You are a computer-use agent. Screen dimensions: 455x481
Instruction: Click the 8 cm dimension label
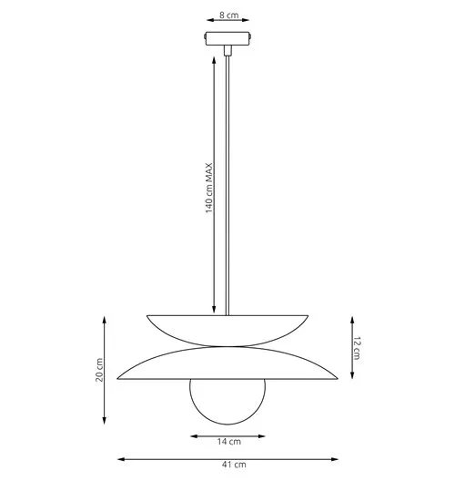[228, 15]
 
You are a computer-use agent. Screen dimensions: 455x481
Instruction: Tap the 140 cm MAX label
[208, 188]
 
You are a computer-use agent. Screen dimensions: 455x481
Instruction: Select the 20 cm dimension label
[99, 370]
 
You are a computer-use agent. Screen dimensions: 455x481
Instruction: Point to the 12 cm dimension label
[357, 348]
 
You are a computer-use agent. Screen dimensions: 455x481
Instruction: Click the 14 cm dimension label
[229, 442]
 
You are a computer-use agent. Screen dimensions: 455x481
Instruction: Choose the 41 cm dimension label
[234, 465]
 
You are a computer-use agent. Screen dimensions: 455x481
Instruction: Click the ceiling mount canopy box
[227, 38]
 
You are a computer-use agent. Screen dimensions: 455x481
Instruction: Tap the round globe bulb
[227, 402]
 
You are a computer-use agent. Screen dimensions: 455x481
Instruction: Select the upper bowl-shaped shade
[227, 331]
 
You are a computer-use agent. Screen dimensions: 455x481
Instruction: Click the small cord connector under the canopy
[227, 50]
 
